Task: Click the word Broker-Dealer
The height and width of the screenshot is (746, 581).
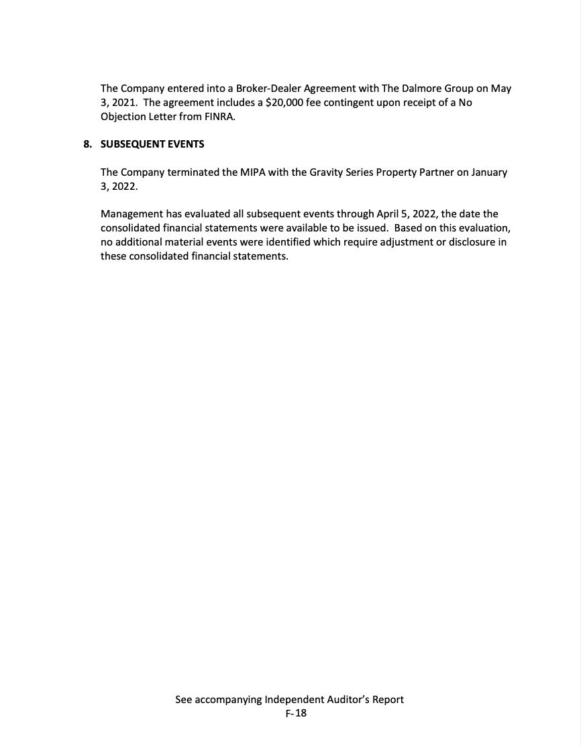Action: [x=268, y=89]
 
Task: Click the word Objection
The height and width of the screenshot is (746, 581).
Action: [x=123, y=117]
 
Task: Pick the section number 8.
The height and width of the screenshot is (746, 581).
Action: [x=87, y=144]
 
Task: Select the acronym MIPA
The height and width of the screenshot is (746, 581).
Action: [x=253, y=172]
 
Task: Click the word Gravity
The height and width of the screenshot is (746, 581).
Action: [x=326, y=172]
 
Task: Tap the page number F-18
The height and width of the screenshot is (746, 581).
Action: [x=296, y=713]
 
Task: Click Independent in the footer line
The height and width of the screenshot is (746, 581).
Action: [x=297, y=700]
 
